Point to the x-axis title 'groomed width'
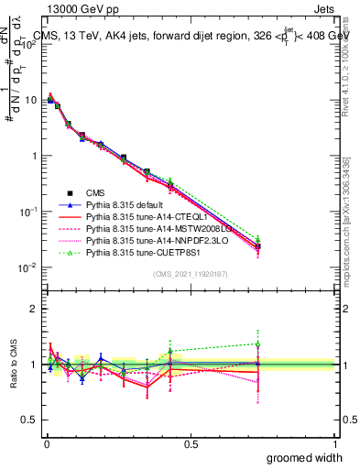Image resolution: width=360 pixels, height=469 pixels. pos(305,456)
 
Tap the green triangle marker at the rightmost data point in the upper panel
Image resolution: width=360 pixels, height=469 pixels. pos(257,240)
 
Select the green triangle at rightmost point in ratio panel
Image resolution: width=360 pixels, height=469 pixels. pos(257,344)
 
